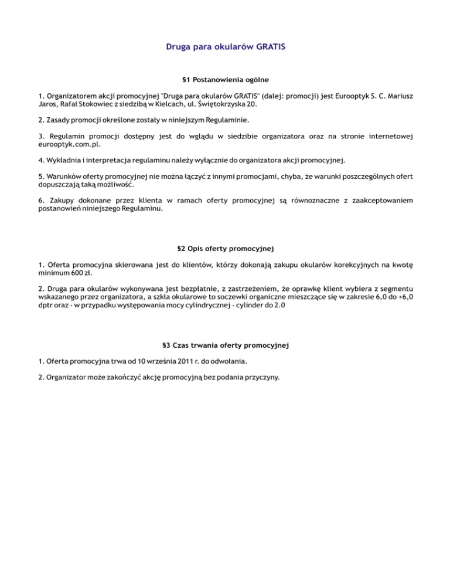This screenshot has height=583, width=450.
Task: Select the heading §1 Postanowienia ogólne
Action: (x=225, y=78)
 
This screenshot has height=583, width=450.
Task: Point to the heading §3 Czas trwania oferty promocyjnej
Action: (x=225, y=345)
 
